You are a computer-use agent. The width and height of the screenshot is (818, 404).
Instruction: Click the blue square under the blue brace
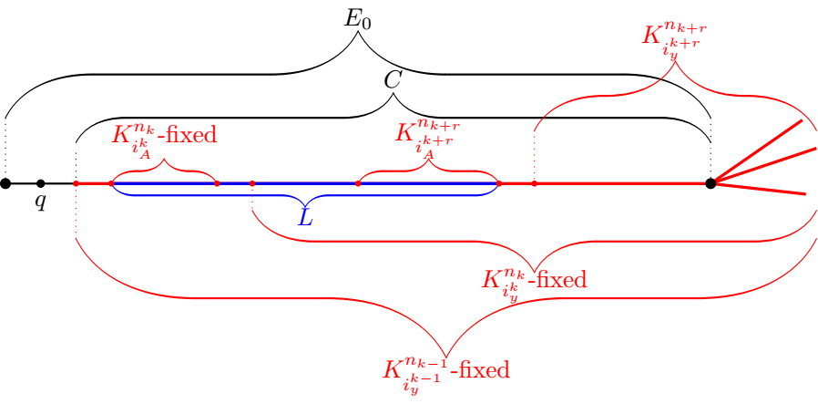(x=305, y=216)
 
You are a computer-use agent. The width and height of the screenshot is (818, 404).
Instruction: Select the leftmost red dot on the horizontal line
(x=76, y=183)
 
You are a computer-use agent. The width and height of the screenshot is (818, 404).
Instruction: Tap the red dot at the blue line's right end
(x=498, y=183)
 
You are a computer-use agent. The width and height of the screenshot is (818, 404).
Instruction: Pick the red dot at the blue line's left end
(x=111, y=183)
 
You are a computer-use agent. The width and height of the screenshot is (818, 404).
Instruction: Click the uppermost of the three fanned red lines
(x=761, y=150)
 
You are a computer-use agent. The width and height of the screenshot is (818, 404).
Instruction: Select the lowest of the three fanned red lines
(x=762, y=189)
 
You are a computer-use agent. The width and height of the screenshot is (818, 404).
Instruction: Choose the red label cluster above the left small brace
(x=164, y=137)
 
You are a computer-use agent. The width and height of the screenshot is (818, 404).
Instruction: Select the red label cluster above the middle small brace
(x=426, y=136)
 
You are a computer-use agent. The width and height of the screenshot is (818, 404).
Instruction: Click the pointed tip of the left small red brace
(x=165, y=161)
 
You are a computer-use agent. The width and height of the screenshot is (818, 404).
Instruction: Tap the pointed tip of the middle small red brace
(x=428, y=161)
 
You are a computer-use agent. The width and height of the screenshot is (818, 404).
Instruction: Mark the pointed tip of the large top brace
(x=674, y=64)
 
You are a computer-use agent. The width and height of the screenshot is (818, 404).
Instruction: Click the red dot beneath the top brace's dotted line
(x=534, y=183)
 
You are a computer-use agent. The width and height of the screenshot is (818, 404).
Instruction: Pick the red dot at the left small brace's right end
(x=217, y=183)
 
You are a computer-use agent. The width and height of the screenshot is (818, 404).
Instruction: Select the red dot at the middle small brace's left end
(x=358, y=183)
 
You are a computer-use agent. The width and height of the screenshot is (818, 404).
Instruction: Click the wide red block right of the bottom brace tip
(x=484, y=369)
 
